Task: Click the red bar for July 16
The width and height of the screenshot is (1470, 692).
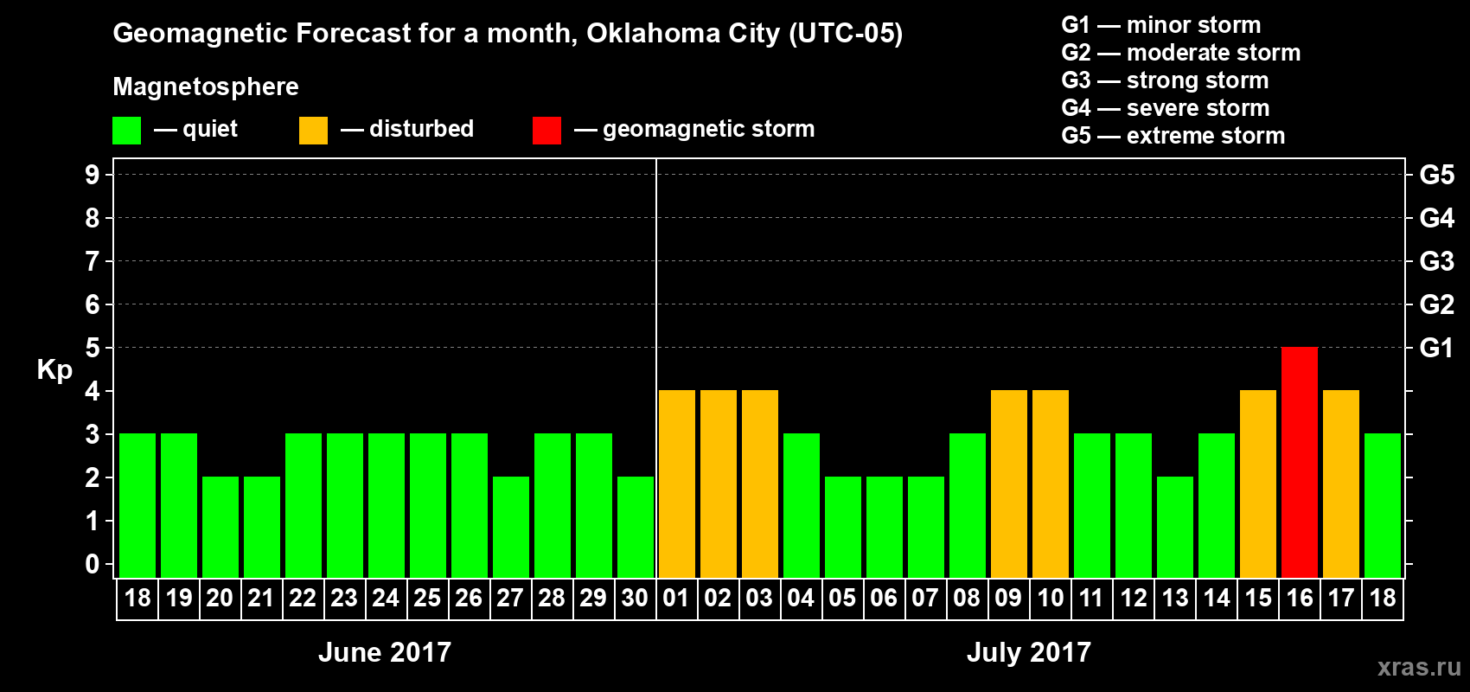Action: [x=1299, y=462]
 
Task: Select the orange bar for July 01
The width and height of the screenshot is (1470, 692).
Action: [x=676, y=484]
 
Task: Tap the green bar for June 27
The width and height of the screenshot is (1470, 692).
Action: [x=510, y=527]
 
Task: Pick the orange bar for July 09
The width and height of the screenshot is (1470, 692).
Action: [x=1008, y=484]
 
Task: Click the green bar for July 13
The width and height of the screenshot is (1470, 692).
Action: [x=1174, y=527]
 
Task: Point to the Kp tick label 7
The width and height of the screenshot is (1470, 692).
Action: [x=92, y=261]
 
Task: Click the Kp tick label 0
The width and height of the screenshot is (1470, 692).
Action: [x=92, y=564]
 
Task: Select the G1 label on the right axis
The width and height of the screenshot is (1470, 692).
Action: [x=1436, y=348]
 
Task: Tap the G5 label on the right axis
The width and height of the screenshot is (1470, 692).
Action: [x=1436, y=175]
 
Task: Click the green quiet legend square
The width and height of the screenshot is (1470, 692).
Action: [x=126, y=131]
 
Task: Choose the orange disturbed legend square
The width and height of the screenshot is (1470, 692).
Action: [x=313, y=131]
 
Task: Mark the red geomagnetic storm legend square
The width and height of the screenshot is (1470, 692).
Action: [x=546, y=131]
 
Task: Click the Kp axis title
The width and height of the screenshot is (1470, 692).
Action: [x=54, y=369]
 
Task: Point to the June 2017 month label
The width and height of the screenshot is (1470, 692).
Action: [x=385, y=652]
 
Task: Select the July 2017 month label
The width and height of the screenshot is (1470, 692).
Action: [x=1028, y=652]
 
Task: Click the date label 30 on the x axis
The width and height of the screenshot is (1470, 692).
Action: [x=635, y=598]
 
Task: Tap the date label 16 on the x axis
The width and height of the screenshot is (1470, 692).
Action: [x=1299, y=598]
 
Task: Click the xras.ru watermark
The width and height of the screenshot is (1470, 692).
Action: [x=1418, y=667]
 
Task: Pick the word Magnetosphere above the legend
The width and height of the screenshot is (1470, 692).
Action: [x=206, y=86]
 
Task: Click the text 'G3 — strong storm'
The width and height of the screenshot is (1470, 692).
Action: [x=1165, y=80]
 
